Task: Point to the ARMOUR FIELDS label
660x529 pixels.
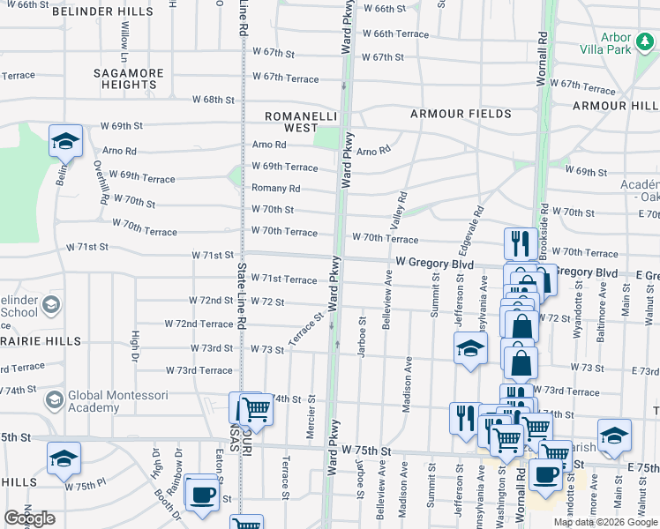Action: (460, 114)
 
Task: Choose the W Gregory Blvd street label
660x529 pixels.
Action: (435, 263)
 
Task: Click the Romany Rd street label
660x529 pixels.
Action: (275, 189)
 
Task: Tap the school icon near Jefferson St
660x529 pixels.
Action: (470, 347)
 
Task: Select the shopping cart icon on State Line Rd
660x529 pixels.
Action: (255, 407)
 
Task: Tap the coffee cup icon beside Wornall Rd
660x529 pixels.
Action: (544, 473)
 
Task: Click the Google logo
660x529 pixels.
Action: (29, 518)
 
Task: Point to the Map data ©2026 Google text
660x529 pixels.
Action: (604, 522)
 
